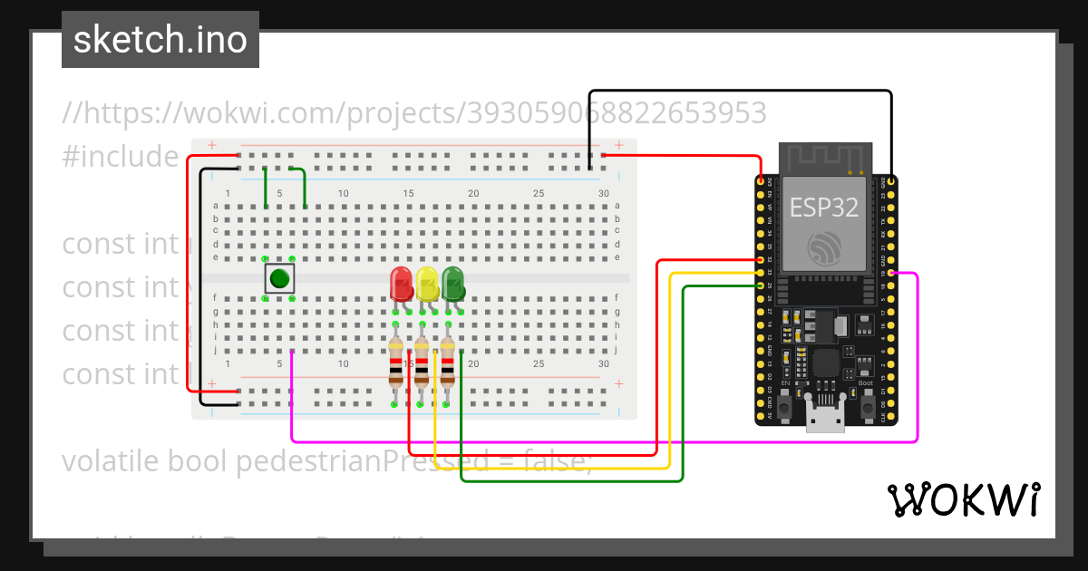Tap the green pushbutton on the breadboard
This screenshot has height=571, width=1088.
279,278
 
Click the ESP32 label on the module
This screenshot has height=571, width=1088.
824,207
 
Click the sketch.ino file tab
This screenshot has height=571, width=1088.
160,40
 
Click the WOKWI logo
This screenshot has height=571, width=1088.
963,499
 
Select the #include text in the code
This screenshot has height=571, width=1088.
121,157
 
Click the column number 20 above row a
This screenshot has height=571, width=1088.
473,194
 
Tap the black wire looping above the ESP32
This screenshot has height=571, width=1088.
739,92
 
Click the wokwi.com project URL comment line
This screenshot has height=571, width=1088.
414,113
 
